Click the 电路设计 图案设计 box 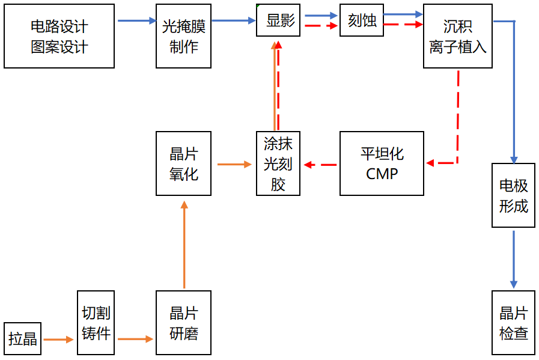point(59,36)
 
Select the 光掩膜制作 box point(184,36)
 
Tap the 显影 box point(278,20)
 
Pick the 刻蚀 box point(362,20)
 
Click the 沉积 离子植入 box point(458,36)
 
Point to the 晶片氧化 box point(184,163)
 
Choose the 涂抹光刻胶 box point(278,163)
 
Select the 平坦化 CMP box point(382,163)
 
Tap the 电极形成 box point(513,195)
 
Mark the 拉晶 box point(23,339)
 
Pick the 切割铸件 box point(96,323)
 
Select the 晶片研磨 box point(184,323)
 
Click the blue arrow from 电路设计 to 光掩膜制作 point(136,21)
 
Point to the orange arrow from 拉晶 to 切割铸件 point(58,340)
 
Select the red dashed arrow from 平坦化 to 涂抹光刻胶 point(320,164)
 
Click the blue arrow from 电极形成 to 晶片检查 point(514,259)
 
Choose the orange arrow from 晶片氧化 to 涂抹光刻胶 point(234,163)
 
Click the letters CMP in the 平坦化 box point(382,174)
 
